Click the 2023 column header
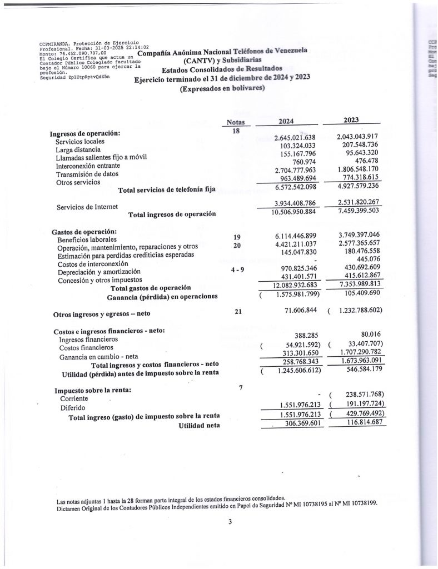[351, 120]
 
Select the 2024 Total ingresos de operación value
[293, 212]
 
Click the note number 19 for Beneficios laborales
[236, 237]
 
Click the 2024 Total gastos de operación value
[295, 285]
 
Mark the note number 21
[238, 312]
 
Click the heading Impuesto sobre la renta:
[92, 390]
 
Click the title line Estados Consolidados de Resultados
[222, 69]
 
